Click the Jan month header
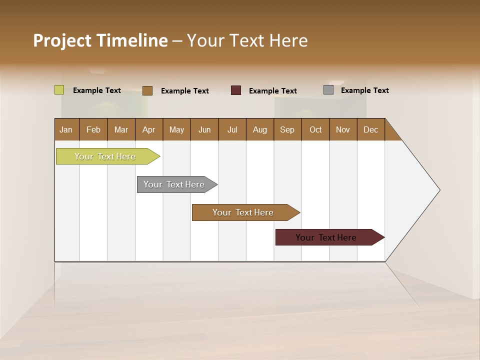pos(66,129)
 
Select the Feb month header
pos(93,129)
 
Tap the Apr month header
pos(148,129)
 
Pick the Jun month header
pos(204,129)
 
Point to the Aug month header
pos(259,129)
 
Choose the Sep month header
pos(287,129)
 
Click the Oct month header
pos(315,129)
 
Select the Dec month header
pos(370,129)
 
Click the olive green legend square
pos(59,90)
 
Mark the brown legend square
pos(147,90)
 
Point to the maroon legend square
pos(236,90)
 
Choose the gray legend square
pos(328,90)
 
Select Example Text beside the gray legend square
pos(364,90)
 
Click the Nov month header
pos(343,129)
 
